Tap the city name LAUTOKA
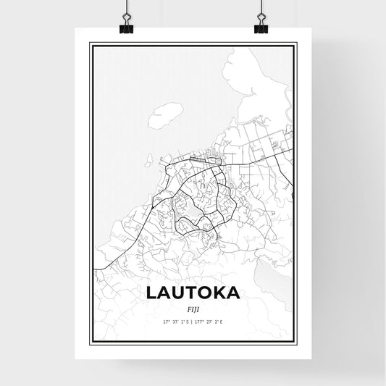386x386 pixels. tap(193, 292)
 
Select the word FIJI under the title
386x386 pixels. tap(193, 308)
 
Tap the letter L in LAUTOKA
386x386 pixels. tap(152, 292)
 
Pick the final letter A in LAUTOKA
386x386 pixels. tap(234, 292)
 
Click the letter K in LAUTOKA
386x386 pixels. tap(219, 292)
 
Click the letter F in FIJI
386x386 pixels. tap(187, 308)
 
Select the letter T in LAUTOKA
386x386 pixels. tap(188, 292)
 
